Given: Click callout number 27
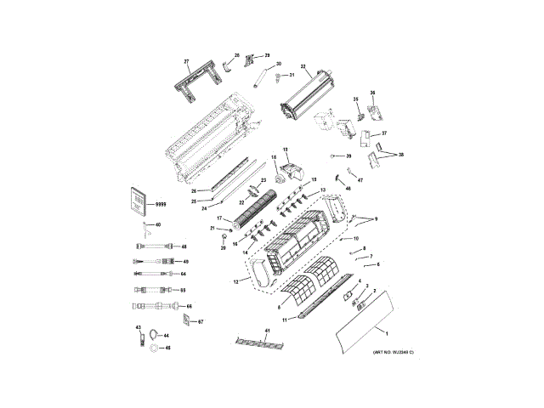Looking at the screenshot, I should tap(186, 62).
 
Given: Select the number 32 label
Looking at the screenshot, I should tap(303, 65).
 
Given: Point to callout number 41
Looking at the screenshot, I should tap(266, 330).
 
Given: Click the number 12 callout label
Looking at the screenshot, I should tap(235, 280).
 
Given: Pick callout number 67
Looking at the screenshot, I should tap(201, 322).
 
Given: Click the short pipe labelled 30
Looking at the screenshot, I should tap(262, 78).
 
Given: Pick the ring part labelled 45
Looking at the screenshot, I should tap(153, 348).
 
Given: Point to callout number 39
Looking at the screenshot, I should tap(348, 156).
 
